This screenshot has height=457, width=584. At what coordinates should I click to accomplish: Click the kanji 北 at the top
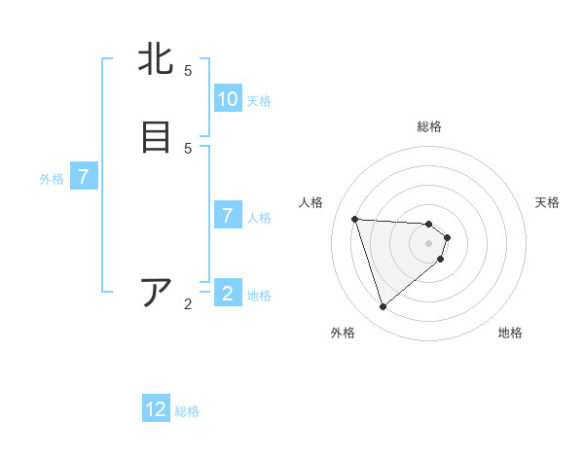(x=156, y=60)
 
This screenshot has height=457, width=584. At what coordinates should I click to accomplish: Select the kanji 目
(x=156, y=137)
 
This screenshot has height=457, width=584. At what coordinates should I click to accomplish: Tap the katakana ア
(x=156, y=292)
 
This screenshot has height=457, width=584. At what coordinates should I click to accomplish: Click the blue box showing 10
(x=228, y=99)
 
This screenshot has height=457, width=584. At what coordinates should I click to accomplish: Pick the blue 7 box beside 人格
(x=228, y=216)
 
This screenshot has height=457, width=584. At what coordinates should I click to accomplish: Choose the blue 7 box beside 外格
(x=84, y=177)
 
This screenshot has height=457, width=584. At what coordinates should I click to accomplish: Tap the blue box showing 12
(x=156, y=409)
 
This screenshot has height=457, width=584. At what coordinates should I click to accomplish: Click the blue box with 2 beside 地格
(x=228, y=294)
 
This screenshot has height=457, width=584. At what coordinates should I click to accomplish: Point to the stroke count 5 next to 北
(x=188, y=71)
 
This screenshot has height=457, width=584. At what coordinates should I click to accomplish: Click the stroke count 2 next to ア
(x=188, y=304)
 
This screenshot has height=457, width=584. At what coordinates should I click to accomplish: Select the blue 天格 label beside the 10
(x=259, y=100)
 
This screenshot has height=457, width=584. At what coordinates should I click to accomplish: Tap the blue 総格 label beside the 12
(x=187, y=411)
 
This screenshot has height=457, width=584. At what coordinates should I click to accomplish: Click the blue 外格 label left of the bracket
(x=52, y=179)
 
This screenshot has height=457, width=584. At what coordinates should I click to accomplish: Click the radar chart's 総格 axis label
(x=429, y=126)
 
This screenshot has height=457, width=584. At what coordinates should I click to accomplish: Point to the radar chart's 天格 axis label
(x=547, y=202)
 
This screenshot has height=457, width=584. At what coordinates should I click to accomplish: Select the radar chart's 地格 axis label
(x=510, y=333)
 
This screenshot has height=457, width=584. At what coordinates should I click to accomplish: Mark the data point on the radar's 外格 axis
(x=383, y=306)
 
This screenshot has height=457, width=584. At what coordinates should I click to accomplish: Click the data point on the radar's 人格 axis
(x=354, y=219)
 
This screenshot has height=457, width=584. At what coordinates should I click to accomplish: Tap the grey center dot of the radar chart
(x=429, y=256)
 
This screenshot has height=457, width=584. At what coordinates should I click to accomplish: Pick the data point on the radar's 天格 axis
(x=447, y=237)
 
